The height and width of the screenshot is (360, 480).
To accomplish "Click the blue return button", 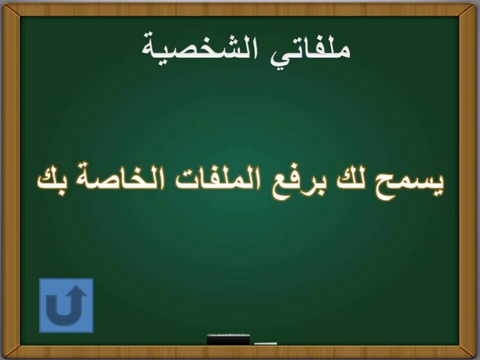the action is tap(66, 305).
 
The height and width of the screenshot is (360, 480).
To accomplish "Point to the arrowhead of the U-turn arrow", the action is tap(76, 292).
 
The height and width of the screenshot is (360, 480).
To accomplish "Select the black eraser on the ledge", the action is tap(228, 340).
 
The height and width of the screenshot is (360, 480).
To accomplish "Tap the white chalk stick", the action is tap(266, 344).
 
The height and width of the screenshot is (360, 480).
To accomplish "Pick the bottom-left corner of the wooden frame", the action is tap(2, 357).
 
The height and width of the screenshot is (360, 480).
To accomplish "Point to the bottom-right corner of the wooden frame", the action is tap(477, 357).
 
